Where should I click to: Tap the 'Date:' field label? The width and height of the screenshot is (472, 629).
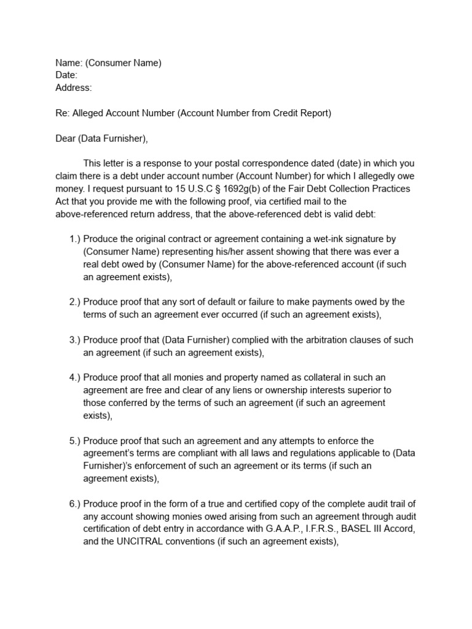[66, 75]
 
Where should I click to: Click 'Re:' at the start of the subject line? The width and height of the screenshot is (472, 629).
[63, 113]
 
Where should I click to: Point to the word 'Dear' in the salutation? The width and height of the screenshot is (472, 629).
[66, 138]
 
